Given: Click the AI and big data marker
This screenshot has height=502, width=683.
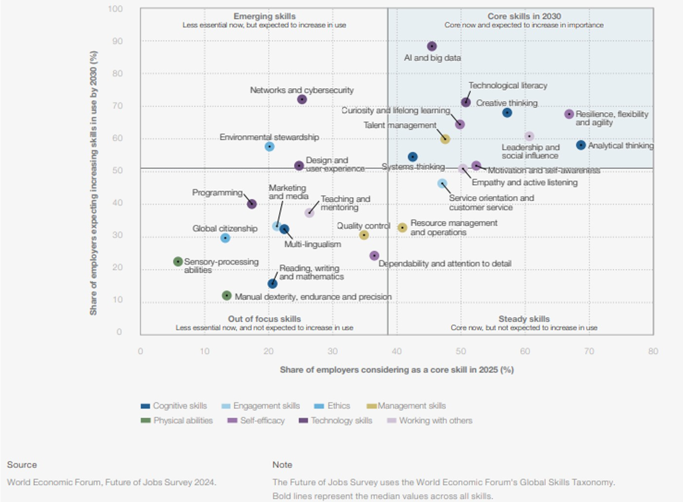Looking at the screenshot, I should pos(431,47).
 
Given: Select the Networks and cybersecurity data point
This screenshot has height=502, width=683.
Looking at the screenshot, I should pos(302,99).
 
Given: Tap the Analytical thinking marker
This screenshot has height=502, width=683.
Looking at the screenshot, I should pos(581,145).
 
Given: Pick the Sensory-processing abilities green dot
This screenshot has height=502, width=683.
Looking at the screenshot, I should pos(178,262).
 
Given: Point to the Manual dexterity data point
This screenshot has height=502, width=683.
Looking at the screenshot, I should pos(227,296).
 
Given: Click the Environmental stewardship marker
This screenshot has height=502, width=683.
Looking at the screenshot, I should pos(269,146).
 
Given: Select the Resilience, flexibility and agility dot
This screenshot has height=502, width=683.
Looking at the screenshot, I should pos(569,114).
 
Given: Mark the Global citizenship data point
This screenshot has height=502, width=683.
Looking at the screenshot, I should pos(225,238).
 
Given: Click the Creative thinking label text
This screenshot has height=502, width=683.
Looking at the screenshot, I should pos(506,103).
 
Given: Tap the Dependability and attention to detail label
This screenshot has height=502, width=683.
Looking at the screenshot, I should pos(445,264).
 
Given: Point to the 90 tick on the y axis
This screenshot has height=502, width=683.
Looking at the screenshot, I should pos(117,42).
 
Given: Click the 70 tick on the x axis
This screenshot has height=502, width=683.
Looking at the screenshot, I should pos(589,351).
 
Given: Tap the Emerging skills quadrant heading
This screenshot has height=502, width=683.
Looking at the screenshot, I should pos(264,17).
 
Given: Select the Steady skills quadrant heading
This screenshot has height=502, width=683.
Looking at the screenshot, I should pos(524,319).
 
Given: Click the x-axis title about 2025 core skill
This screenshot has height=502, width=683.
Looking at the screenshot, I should pos(397,370).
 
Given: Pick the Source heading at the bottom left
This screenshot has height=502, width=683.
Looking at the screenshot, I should pos(22,465).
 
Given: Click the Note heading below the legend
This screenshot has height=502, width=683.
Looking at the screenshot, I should pos(282,465).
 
